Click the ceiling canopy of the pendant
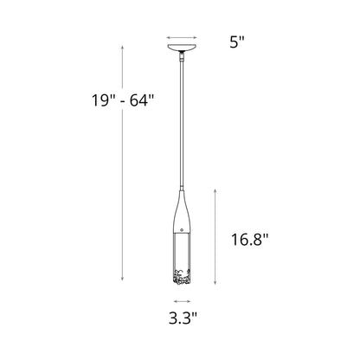[182, 49]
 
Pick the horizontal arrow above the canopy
[182, 38]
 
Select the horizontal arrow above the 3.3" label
[182, 302]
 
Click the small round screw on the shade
[182, 229]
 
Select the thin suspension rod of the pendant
[182, 121]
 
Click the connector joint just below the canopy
[182, 58]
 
